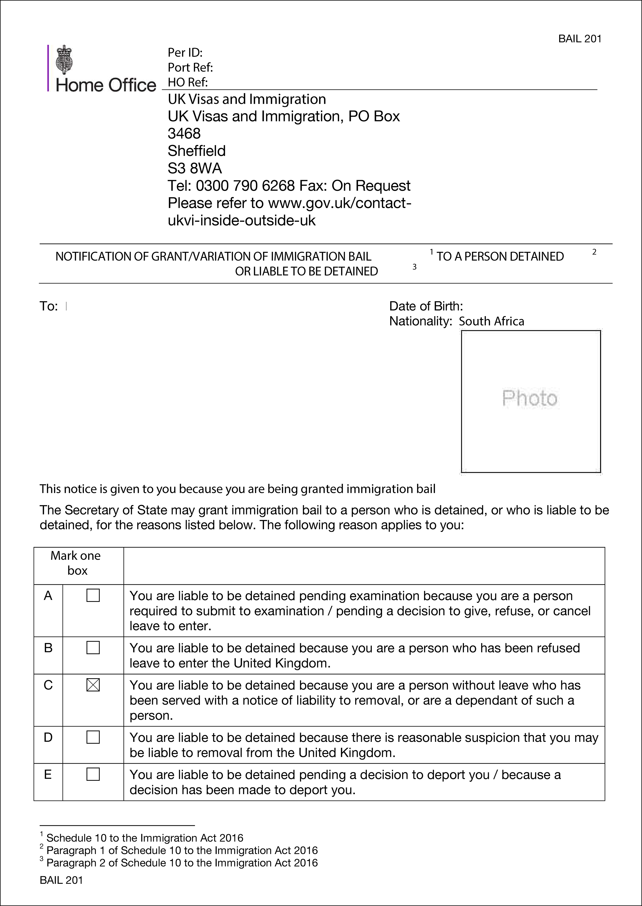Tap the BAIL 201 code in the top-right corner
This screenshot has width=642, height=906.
click(x=580, y=39)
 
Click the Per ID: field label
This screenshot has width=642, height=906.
click(x=185, y=53)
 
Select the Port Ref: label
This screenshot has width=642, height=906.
click(x=190, y=68)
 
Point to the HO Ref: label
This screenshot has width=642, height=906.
click(x=188, y=82)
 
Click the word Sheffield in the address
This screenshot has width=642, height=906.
click(x=196, y=151)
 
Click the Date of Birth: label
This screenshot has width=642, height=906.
click(x=426, y=306)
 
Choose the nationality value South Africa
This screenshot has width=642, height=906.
click(x=491, y=321)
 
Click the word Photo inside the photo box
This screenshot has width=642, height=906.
click(x=530, y=398)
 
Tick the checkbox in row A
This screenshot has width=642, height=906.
click(x=93, y=595)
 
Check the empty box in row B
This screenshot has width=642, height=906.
click(x=93, y=647)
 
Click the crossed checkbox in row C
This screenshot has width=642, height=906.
click(x=93, y=685)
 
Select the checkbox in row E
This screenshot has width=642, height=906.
click(x=93, y=774)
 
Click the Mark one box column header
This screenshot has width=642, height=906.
click(x=76, y=563)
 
